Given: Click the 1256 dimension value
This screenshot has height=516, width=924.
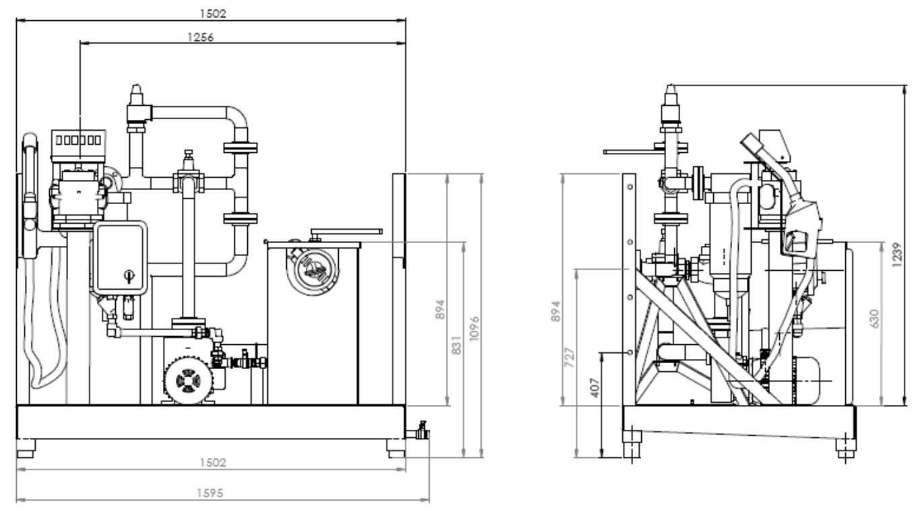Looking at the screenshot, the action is [201, 37].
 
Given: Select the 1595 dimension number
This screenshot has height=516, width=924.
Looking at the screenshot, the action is [209, 493].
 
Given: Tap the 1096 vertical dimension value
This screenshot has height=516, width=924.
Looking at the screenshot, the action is [474, 328].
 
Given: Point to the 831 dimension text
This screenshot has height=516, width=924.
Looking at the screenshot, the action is [456, 345].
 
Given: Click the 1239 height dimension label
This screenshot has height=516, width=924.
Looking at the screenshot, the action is [897, 255].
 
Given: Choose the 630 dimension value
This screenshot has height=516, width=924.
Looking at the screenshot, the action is [873, 319].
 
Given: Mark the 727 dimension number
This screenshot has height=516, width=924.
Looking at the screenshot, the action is [569, 357].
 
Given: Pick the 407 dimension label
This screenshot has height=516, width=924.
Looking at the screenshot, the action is [595, 388].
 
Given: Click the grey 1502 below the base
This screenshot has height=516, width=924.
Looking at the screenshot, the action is [213, 462].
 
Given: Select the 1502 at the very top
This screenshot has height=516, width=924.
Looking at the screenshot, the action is [213, 13].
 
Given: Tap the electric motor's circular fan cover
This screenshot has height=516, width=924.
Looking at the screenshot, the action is [188, 381].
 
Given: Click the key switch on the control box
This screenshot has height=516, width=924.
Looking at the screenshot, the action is [129, 276].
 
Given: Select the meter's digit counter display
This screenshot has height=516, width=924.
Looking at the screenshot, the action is [78, 140].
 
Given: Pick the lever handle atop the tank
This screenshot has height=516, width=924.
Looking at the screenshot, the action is [346, 232].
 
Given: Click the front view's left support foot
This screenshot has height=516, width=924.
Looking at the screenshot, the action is [26, 449].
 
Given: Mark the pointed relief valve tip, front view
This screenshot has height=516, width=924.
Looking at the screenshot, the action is [136, 87].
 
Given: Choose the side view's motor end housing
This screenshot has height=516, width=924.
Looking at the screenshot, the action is [806, 381].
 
